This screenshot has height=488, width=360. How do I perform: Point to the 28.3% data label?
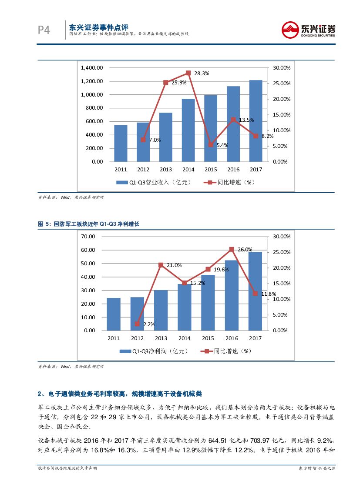pos(202,74)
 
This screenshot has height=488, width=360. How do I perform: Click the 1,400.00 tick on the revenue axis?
pos(92,68)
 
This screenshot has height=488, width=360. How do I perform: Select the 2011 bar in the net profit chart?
pos(114,314)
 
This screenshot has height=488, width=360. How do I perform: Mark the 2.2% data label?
pos(148,324)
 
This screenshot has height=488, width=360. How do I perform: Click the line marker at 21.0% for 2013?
pos(161,265)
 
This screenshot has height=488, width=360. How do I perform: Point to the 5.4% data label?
pos(222,145)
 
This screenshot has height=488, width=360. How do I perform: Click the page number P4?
pos(44,30)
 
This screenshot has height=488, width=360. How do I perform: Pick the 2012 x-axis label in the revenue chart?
pos(143,170)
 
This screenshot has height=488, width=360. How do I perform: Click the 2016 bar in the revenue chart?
pos(233,124)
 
